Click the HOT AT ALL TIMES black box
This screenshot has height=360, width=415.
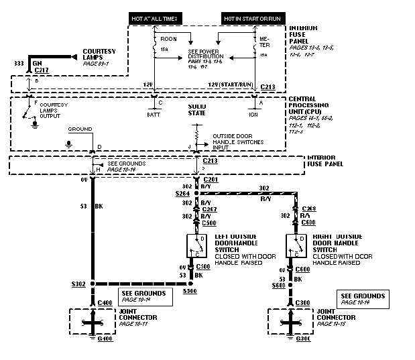pyautogui.click(x=156, y=19)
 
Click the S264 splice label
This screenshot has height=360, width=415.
pyautogui.click(x=182, y=194)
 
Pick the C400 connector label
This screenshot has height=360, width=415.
pyautogui.click(x=105, y=304)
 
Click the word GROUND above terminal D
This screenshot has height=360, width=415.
pyautogui.click(x=79, y=127)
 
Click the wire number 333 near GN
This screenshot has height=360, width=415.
pyautogui.click(x=17, y=63)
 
